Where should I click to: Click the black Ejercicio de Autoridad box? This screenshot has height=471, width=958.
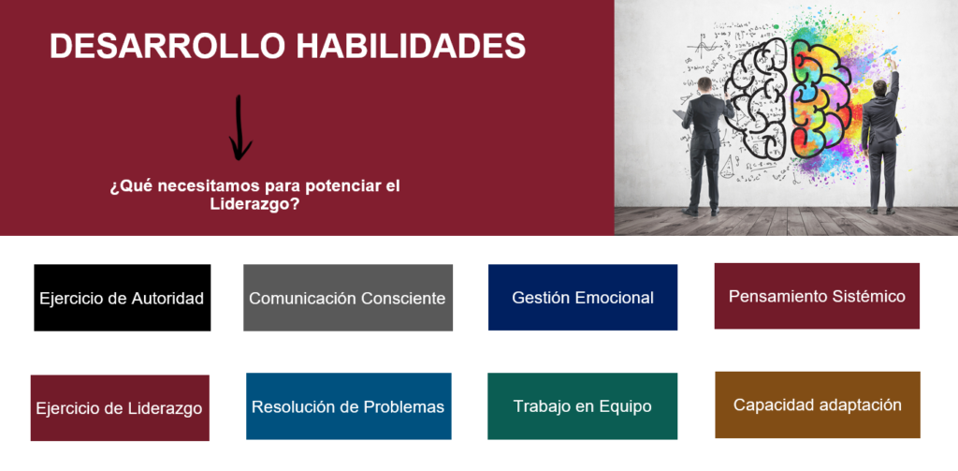pos(123,298)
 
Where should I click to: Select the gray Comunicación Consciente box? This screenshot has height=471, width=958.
pos(348,298)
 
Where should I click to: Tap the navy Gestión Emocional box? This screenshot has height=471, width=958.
pos(583,297)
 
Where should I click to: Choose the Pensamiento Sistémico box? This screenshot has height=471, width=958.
pos(817,296)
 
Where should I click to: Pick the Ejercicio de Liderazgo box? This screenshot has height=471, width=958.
pos(120,408)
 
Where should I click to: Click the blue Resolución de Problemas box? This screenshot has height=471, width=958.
pos(349,406)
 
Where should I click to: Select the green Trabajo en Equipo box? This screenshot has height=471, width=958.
pos(582,406)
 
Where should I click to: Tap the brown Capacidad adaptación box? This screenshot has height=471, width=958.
pos(818,405)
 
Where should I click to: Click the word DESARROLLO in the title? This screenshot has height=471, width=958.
pos(167,46)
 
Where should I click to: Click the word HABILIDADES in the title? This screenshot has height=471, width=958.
pos(412,46)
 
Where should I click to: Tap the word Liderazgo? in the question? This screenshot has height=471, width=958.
pos(254,204)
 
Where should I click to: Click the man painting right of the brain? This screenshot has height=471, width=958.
pos(881,140)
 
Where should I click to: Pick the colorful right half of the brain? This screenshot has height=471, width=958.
pos(820,98)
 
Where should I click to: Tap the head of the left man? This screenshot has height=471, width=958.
pos(704,84)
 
